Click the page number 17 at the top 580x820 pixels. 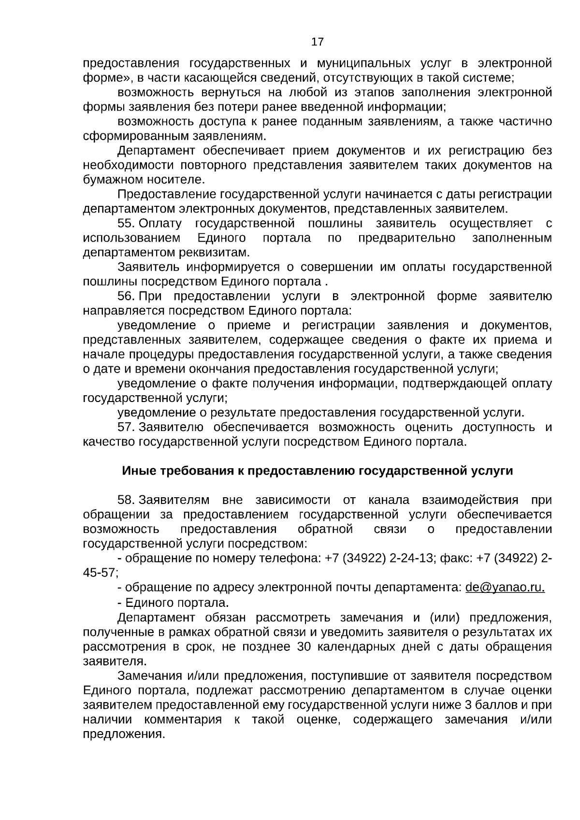click(x=317, y=42)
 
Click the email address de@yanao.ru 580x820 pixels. click(x=505, y=588)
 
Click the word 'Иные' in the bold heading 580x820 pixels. click(x=135, y=471)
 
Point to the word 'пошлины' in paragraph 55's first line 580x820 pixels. click(x=335, y=224)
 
